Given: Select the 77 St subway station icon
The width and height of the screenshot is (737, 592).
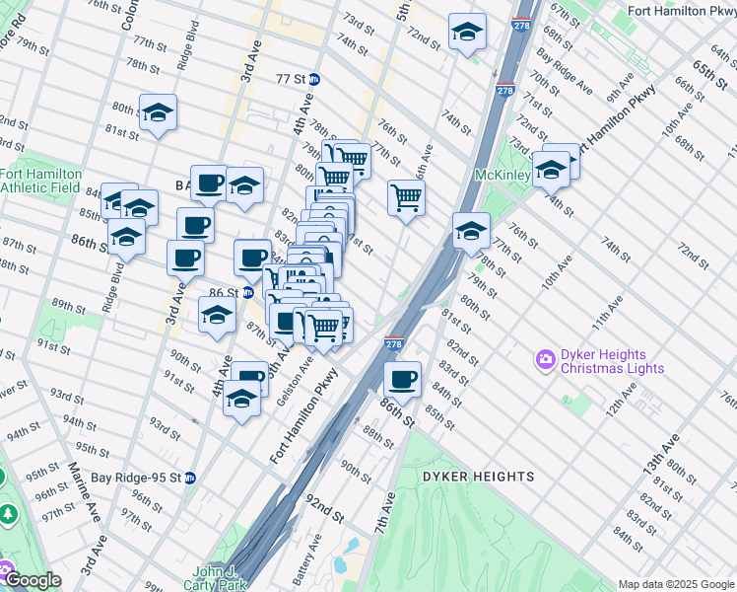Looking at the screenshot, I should (x=313, y=79).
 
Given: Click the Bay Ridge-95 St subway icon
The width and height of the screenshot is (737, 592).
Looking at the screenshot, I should (x=190, y=478).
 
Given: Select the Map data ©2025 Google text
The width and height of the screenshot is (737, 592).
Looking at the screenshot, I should (x=676, y=584).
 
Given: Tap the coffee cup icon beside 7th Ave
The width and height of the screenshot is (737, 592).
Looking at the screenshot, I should (x=402, y=379).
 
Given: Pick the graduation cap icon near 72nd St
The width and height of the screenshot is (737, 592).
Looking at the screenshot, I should (x=467, y=32).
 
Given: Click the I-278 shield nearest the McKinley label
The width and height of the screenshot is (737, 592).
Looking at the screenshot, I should (x=504, y=90).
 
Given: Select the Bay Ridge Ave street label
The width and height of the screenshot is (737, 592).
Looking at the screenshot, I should (x=565, y=70).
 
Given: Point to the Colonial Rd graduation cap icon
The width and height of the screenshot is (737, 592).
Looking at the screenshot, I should (x=157, y=114).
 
